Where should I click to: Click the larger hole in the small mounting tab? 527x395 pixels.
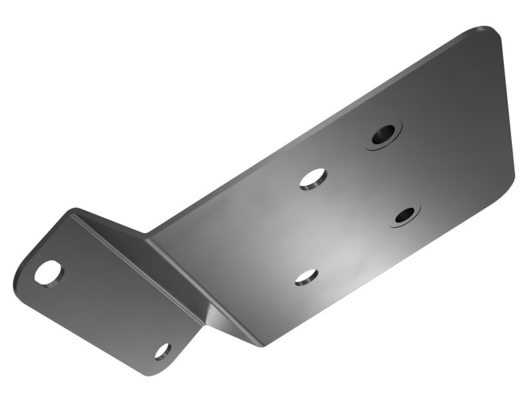[49, 273]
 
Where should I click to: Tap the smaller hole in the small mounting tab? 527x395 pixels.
[163, 351]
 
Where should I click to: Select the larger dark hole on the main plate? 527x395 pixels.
[383, 135]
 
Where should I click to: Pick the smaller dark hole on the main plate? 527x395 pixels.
[404, 215]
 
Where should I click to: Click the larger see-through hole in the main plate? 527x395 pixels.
[314, 178]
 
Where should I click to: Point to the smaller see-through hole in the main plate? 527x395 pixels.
[306, 277]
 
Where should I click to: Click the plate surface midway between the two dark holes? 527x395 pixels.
[394, 175]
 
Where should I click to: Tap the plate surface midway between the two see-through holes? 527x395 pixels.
[310, 228]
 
